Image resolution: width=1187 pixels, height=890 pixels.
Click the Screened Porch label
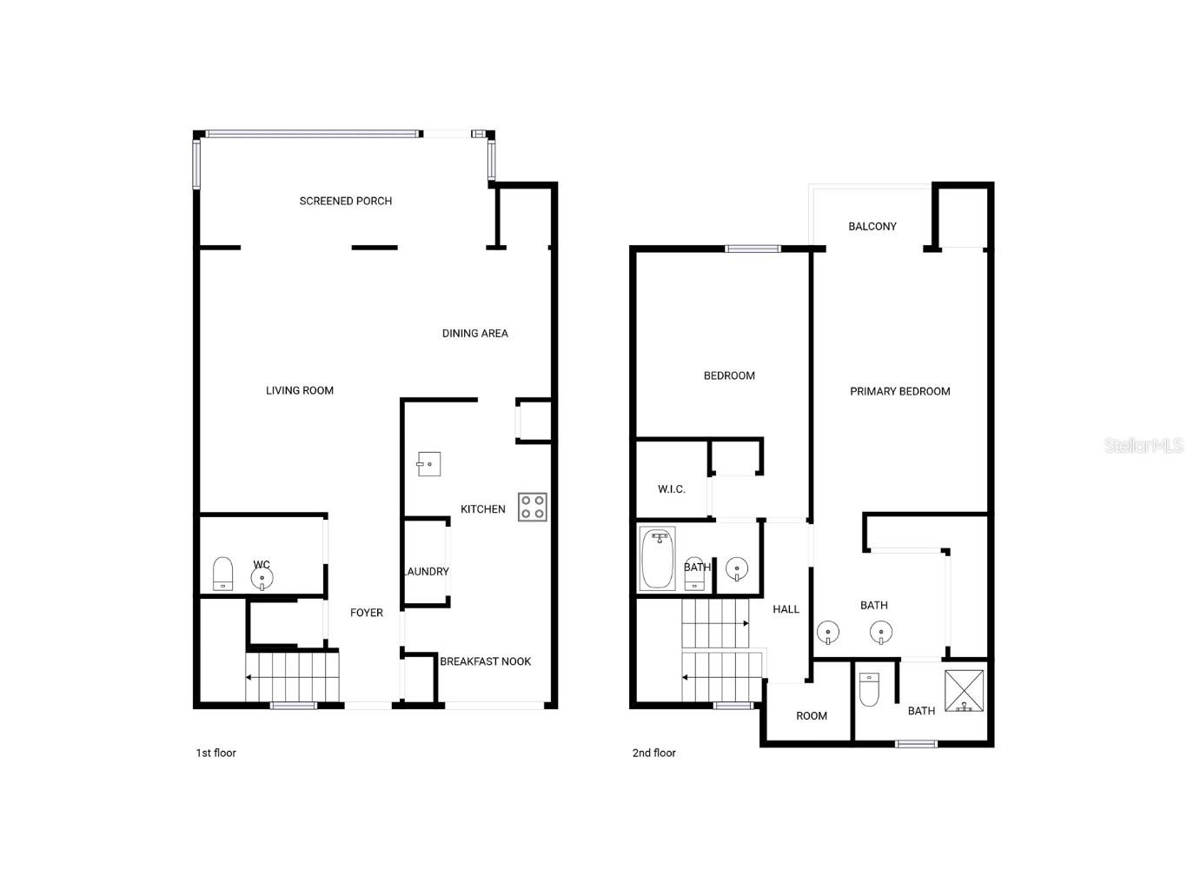[x=345, y=201]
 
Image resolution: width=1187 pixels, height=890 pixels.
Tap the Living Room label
[x=300, y=390]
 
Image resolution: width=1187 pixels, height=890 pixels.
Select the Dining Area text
[x=474, y=333]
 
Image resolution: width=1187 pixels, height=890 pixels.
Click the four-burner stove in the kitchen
[x=532, y=507]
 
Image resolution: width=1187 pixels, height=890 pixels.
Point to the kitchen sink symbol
[x=428, y=464]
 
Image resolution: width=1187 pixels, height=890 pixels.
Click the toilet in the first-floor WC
[x=223, y=574]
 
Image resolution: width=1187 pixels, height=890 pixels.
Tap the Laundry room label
[x=427, y=571]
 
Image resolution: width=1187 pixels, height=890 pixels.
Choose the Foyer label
[x=367, y=613]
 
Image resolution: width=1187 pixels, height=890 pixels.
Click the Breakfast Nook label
[x=485, y=661]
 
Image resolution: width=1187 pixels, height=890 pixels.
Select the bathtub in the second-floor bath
[x=658, y=559]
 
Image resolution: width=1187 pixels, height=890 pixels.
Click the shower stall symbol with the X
[x=964, y=691]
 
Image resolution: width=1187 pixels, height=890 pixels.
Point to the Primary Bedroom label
[x=899, y=391]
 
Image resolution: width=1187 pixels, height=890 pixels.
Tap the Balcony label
[x=872, y=226]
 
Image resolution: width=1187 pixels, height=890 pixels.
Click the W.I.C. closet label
[x=671, y=489]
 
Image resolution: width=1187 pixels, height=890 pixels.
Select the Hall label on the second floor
[x=786, y=609]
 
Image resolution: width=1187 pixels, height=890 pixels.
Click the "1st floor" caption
[x=216, y=753]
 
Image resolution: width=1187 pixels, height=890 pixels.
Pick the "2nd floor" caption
[x=653, y=753]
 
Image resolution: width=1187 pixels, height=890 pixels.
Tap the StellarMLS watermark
[x=1143, y=445]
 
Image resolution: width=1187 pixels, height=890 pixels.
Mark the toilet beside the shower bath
[x=869, y=688]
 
